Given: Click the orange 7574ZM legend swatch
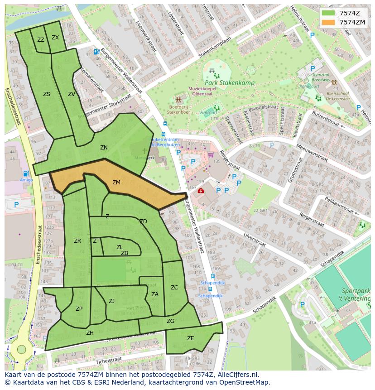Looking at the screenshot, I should [x=328, y=22].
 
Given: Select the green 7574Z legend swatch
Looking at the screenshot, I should [x=328, y=13].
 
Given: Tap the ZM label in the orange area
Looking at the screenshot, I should [x=116, y=183].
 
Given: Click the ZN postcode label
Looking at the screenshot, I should [x=104, y=148].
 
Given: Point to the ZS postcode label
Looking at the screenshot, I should [x=47, y=94].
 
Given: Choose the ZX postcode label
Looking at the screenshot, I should [x=55, y=38].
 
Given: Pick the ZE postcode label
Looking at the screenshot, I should [x=190, y=338].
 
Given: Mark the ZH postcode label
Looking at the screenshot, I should [x=90, y=333].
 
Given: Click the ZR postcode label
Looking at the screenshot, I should [x=77, y=241].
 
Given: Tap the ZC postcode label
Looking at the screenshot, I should [x=174, y=288].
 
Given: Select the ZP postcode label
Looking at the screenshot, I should [x=79, y=309].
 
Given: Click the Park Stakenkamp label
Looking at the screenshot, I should [x=229, y=83].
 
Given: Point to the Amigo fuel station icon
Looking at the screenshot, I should [x=26, y=173].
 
